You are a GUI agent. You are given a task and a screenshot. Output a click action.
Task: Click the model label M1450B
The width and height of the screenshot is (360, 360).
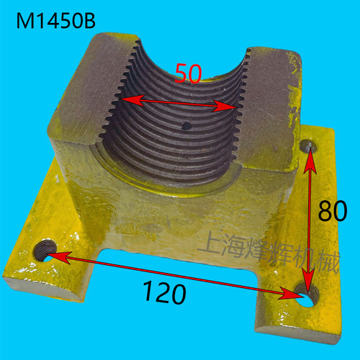[56, 21]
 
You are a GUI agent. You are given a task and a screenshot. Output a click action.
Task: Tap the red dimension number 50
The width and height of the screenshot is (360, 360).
[188, 73]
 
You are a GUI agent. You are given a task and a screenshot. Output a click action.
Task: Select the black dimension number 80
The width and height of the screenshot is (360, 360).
[333, 210]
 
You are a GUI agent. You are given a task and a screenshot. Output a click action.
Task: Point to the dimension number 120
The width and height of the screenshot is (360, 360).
[165, 293]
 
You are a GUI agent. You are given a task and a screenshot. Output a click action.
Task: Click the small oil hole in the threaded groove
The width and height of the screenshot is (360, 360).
[186, 126]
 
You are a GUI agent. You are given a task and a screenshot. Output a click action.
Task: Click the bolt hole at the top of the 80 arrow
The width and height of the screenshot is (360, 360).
[309, 146]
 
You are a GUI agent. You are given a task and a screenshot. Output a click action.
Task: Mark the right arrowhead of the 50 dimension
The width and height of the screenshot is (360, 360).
[225, 106]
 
